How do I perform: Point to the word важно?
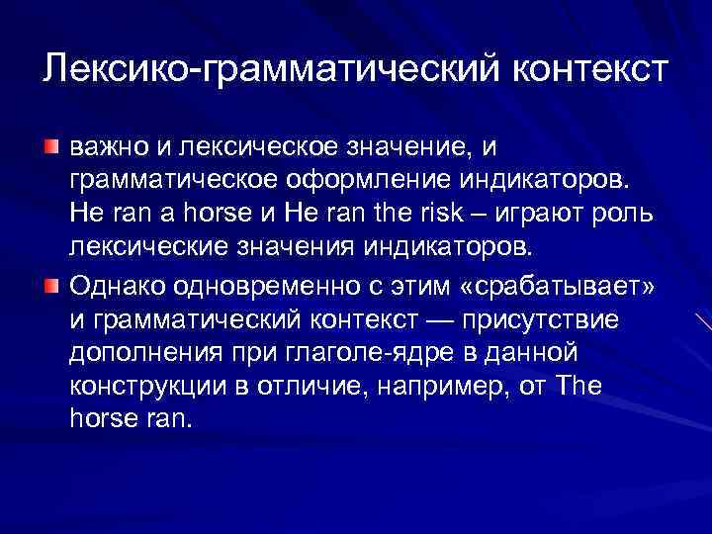(106, 148)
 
